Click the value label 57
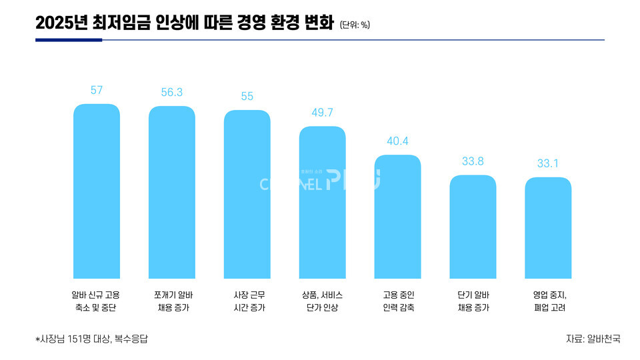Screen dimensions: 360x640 [97, 91]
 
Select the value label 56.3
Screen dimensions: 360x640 [172, 93]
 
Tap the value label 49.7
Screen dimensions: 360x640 [323, 113]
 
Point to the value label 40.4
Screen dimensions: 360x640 [398, 141]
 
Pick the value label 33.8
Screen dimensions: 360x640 [473, 161]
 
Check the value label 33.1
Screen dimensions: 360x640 [549, 163]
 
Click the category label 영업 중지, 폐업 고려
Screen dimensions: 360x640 [549, 301]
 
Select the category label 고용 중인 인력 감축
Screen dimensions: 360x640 [398, 301]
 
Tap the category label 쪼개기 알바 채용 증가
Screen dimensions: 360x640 [172, 301]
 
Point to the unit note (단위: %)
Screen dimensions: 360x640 [355, 25]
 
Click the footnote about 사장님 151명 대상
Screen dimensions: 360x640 [91, 339]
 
